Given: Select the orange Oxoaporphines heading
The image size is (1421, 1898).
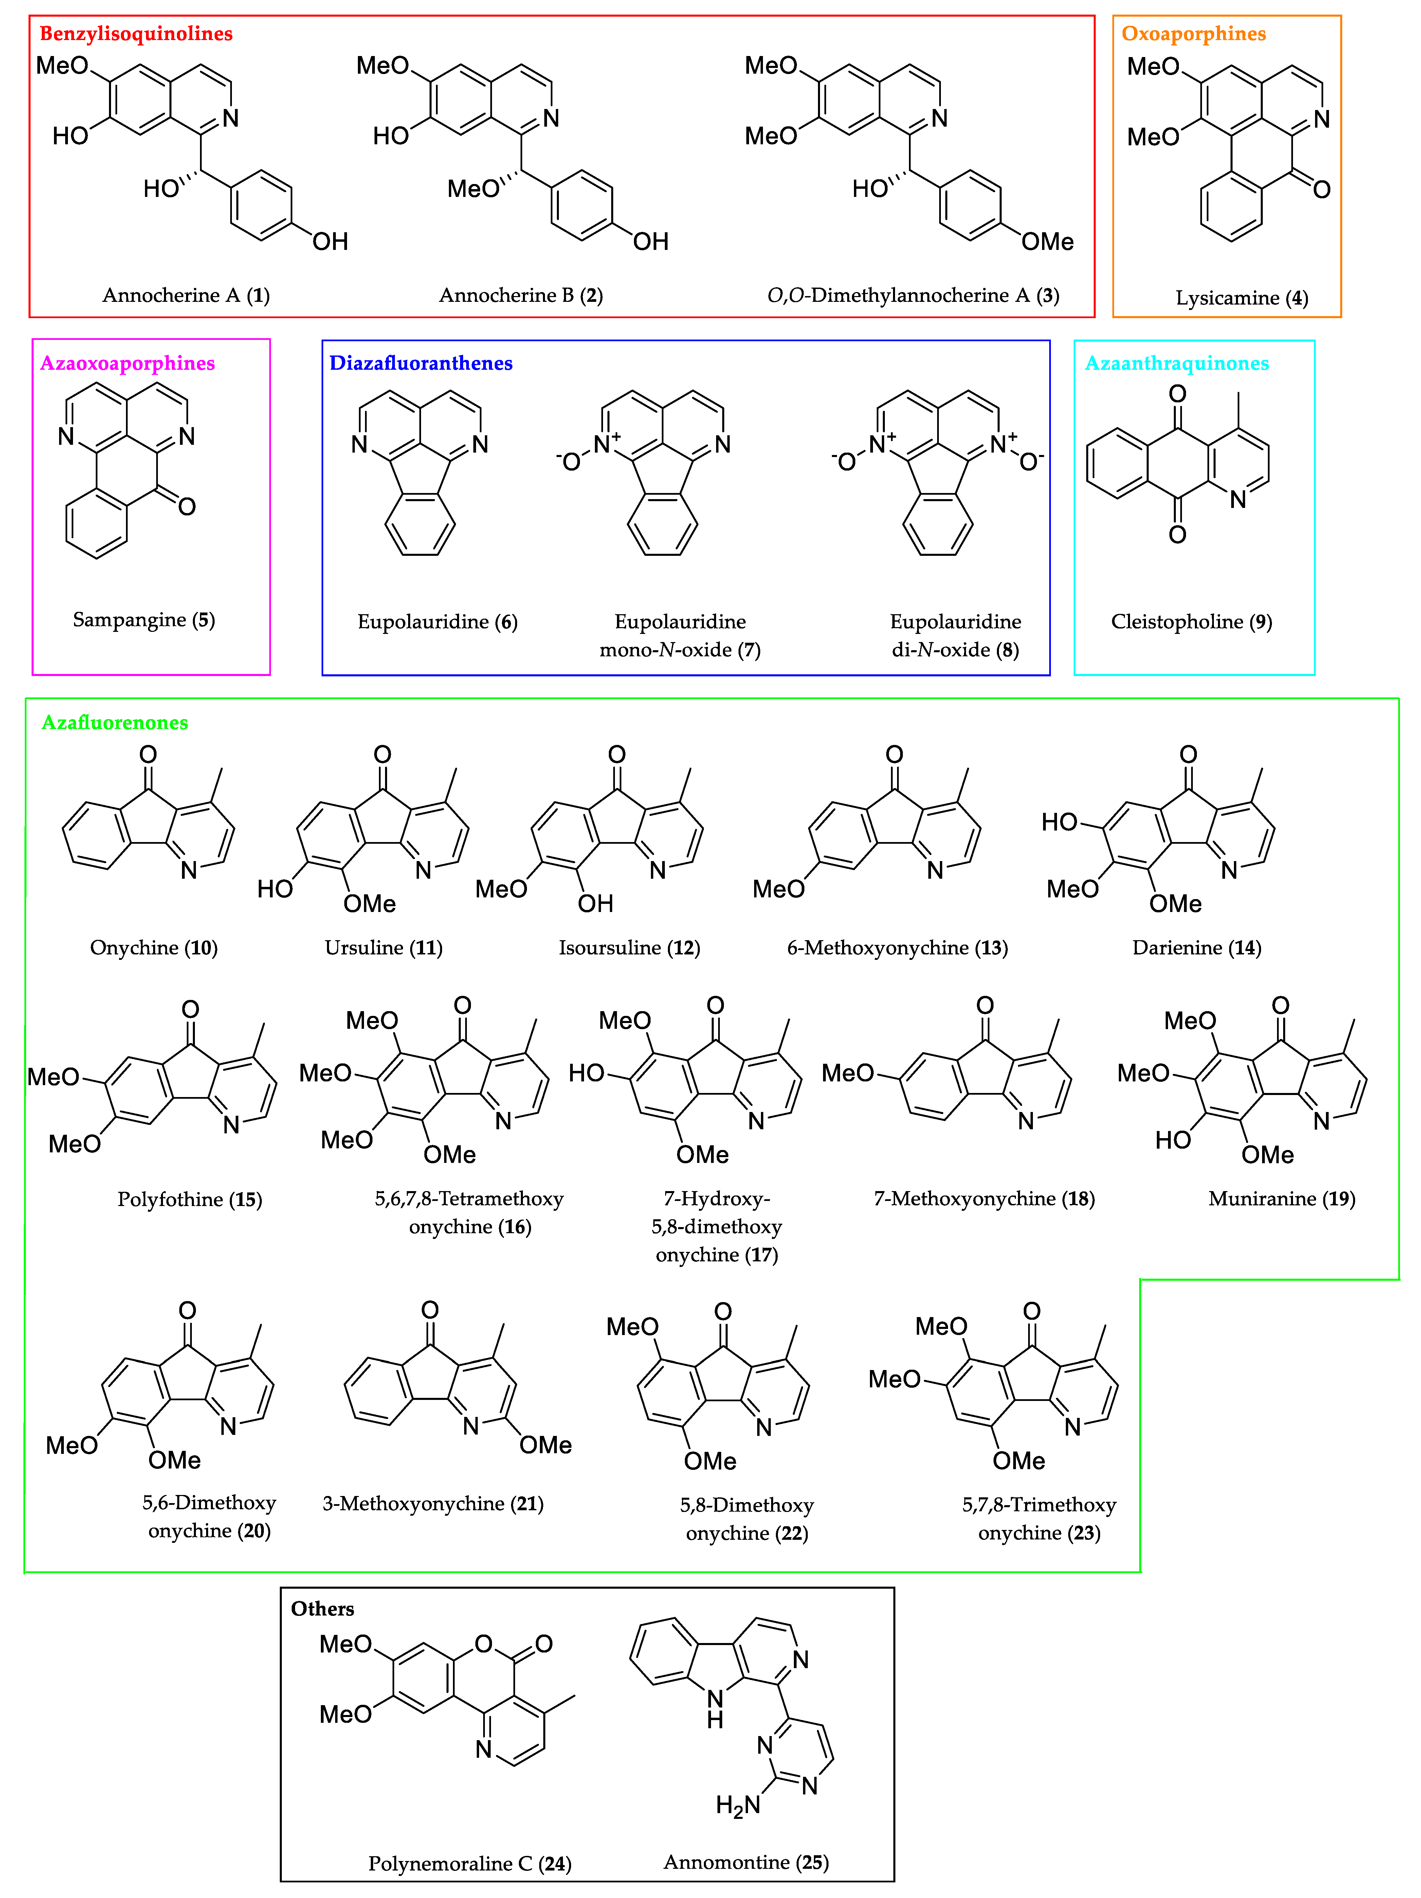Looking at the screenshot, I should coord(1193,34).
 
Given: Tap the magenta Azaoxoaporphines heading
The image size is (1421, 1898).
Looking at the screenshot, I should coord(127,363).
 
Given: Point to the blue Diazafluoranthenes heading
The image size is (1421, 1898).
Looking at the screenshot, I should coord(420,363).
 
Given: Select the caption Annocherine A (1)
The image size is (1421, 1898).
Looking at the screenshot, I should coord(185,295).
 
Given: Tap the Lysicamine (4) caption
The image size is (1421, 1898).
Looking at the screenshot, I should coord(1241,298).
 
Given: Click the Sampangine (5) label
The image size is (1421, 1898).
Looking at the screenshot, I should coord(143,620).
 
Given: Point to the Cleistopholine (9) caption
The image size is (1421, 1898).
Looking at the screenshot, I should coord(1191,621).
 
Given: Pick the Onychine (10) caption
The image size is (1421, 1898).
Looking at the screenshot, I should coord(153,947).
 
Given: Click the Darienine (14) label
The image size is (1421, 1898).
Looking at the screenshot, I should coord(1196,947).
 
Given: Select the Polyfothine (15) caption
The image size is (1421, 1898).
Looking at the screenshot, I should coord(190,1199).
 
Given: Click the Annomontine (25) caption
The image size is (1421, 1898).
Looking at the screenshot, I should coord(746,1862).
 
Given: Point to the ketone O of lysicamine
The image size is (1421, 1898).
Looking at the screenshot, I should coord(1322,189).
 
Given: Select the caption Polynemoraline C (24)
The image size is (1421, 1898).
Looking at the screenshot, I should coord(469,1863).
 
